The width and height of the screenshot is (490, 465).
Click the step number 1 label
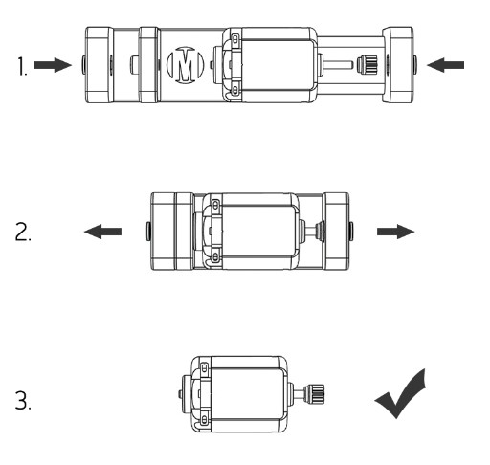(22, 66)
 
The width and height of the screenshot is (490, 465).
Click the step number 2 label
(23, 232)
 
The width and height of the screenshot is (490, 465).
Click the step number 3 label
(23, 400)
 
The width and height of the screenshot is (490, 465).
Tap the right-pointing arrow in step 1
(53, 65)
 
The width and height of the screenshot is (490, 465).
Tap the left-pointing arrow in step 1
(445, 65)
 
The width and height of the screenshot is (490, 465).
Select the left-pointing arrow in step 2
(102, 232)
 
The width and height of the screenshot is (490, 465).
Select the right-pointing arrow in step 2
(396, 232)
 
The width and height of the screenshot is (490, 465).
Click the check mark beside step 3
(401, 394)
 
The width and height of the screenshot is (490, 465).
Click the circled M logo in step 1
(185, 65)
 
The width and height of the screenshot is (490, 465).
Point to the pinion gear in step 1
(367, 65)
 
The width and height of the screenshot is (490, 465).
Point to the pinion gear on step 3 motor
(314, 394)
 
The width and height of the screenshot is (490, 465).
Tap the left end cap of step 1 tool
(100, 65)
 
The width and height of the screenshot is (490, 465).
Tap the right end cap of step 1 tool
(398, 65)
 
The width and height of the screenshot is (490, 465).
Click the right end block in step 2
(336, 232)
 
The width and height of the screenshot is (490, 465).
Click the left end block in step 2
(163, 232)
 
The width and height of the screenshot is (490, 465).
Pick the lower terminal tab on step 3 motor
(204, 419)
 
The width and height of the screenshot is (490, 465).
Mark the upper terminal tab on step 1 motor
(235, 40)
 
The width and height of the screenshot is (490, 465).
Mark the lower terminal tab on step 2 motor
(215, 256)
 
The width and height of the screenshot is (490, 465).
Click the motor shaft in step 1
(339, 65)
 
